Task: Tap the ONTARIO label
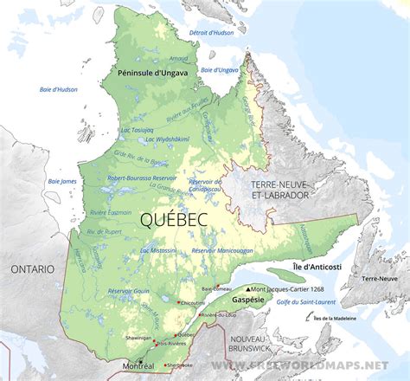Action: coord(32,269)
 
